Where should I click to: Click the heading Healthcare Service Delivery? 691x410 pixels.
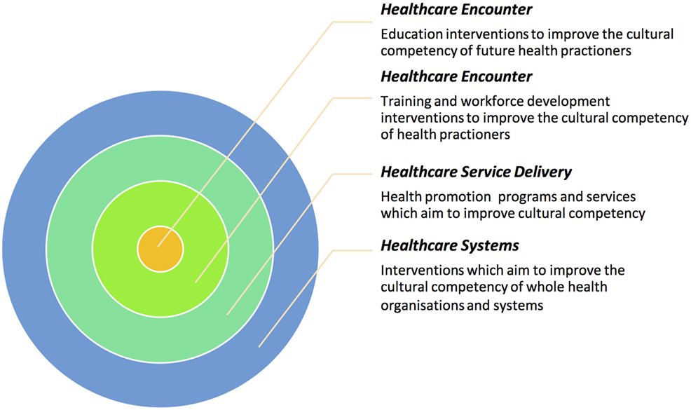tap(476, 172)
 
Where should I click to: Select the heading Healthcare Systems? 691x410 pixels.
tap(450, 245)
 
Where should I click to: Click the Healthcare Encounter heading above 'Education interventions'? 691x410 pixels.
tap(456, 10)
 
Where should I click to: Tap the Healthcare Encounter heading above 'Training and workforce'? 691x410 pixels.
tap(456, 76)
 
